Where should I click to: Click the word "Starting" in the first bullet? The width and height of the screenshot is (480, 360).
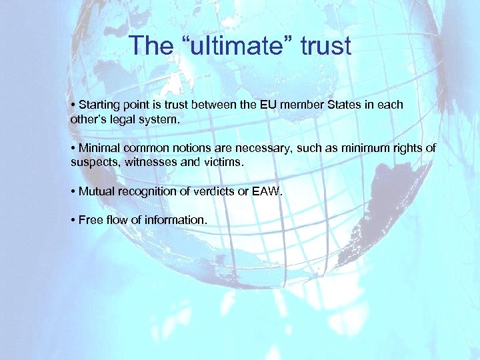tap(99, 105)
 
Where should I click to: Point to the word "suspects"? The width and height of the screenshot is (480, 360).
tap(92, 163)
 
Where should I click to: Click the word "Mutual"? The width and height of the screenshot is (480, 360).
tap(96, 191)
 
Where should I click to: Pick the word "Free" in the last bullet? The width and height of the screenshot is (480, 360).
tap(91, 220)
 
